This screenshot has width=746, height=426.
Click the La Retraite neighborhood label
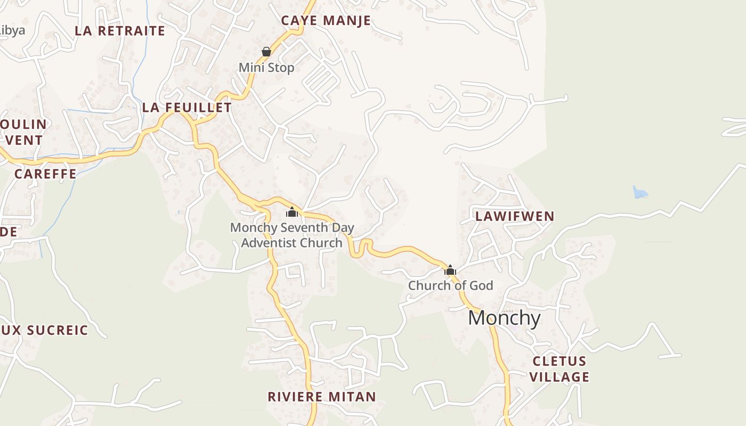(120, 31)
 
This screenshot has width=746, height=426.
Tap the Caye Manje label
(326, 21)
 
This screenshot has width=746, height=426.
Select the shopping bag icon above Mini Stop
(266, 52)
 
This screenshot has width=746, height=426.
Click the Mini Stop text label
(266, 68)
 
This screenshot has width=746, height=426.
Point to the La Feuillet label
(186, 108)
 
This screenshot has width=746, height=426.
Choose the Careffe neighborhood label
(45, 174)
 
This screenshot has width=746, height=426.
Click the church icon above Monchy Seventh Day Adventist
(291, 212)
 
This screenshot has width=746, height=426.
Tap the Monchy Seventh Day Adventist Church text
(292, 235)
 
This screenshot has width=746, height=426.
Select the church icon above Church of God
(450, 270)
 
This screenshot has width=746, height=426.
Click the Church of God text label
(450, 285)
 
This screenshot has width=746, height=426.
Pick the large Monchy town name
(504, 318)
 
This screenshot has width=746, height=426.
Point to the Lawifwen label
(515, 216)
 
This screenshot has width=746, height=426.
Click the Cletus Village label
(560, 369)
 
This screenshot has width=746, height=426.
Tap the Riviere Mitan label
(322, 397)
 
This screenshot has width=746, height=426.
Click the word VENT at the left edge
(23, 141)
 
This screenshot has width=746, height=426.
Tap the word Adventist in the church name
(275, 243)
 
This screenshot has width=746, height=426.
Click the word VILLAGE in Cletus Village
(560, 377)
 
